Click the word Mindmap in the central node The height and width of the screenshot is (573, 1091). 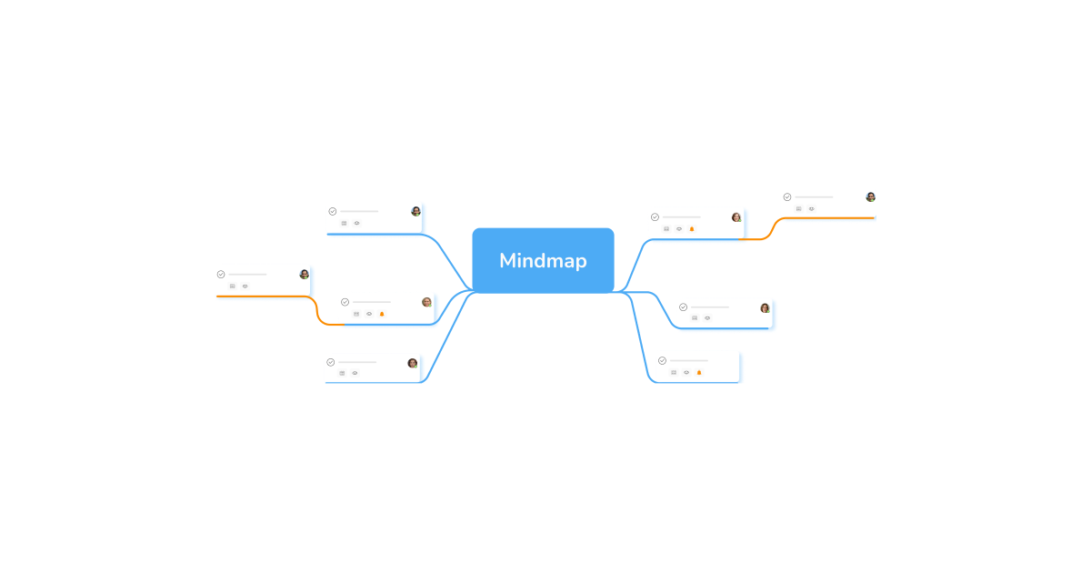(x=543, y=261)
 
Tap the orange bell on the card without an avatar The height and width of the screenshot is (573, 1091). (x=699, y=372)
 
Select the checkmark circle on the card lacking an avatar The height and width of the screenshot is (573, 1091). (x=662, y=361)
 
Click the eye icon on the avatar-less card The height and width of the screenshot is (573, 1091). (x=686, y=372)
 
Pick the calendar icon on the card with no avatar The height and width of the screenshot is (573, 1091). (x=674, y=372)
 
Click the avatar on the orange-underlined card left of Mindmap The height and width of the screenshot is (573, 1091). (x=304, y=274)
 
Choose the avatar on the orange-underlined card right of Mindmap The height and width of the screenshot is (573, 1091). (x=870, y=197)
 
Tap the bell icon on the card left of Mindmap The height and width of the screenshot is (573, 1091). (x=382, y=314)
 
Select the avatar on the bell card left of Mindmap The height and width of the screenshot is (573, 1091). (x=426, y=302)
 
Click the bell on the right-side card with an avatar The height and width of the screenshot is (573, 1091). (x=692, y=229)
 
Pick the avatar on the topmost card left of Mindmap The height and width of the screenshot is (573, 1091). (x=415, y=211)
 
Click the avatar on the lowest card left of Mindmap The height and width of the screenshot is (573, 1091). (x=412, y=363)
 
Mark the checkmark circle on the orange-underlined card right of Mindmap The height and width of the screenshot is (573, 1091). (x=787, y=197)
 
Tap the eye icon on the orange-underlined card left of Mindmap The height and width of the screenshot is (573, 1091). (x=245, y=286)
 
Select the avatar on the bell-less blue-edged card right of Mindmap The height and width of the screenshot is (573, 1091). (x=765, y=307)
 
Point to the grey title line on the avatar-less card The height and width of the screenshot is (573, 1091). (x=689, y=361)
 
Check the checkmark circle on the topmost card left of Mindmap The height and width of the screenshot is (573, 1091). (x=333, y=211)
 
